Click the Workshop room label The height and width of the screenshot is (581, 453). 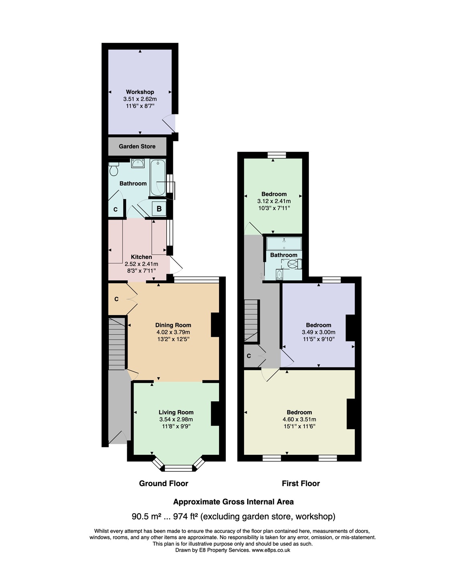pyautogui.click(x=140, y=92)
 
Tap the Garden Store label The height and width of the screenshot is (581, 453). pyautogui.click(x=137, y=146)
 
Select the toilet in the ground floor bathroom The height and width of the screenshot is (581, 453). pyautogui.click(x=114, y=169)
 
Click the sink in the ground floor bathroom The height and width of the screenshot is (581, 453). pyautogui.click(x=138, y=163)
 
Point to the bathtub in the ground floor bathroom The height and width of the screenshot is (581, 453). pyautogui.click(x=158, y=178)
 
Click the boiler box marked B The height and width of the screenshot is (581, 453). pyautogui.click(x=159, y=208)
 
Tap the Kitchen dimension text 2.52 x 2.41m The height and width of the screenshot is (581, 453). pyautogui.click(x=141, y=264)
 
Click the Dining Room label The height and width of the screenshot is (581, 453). pyautogui.click(x=173, y=325)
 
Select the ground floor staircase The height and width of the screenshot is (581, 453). pyautogui.click(x=117, y=344)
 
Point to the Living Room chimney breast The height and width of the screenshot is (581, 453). pyautogui.click(x=215, y=413)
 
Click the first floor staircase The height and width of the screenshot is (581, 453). pyautogui.click(x=251, y=321)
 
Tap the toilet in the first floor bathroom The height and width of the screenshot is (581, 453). pyautogui.click(x=294, y=264)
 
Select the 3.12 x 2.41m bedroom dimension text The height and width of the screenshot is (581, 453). pyautogui.click(x=274, y=201)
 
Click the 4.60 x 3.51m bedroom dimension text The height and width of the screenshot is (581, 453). pyautogui.click(x=299, y=419)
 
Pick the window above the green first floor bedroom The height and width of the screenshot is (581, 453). pyautogui.click(x=277, y=155)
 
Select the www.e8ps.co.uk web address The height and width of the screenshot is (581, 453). pyautogui.click(x=271, y=550)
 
